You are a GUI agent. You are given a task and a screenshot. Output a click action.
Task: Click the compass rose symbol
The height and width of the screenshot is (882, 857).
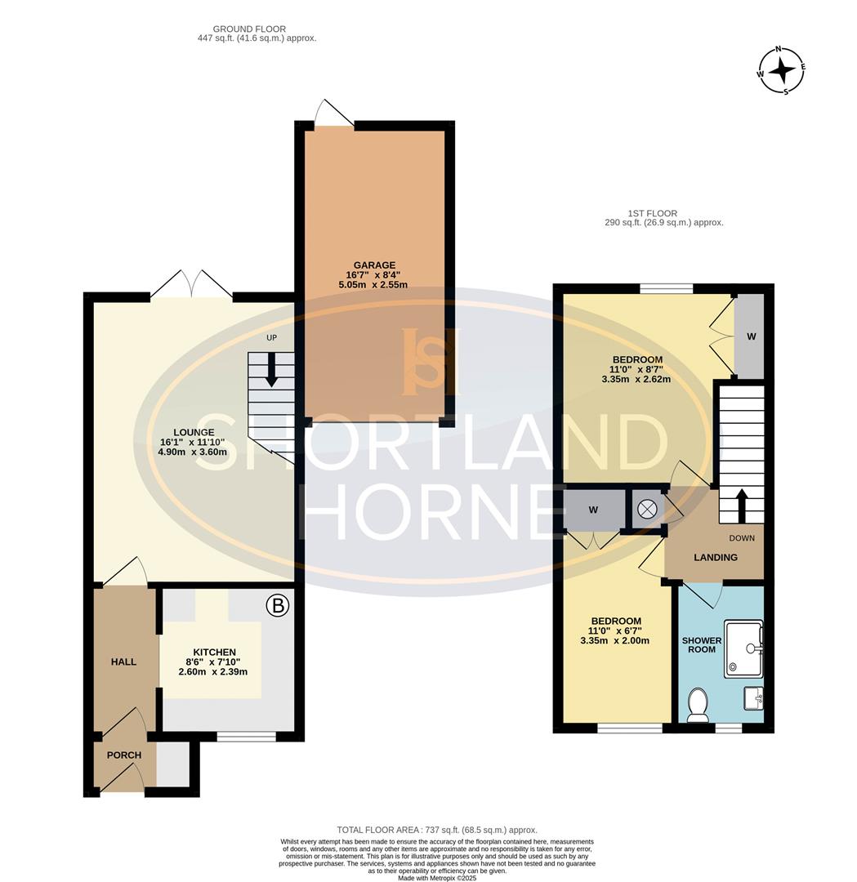point(781,70)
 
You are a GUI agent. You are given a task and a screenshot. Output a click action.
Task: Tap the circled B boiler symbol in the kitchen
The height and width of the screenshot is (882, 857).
point(278,606)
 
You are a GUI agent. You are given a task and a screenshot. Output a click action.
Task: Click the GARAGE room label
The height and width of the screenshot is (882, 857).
point(374,265)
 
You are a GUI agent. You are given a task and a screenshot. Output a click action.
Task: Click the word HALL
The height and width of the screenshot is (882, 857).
point(123,661)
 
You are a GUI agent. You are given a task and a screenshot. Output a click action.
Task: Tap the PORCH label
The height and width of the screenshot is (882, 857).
point(124,755)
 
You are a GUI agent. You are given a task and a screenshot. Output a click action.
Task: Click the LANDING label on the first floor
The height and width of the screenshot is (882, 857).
point(715,558)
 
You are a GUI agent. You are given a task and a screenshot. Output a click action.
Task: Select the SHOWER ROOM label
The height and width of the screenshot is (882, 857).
point(701,644)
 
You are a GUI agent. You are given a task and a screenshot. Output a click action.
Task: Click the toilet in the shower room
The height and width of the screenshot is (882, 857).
point(699,706)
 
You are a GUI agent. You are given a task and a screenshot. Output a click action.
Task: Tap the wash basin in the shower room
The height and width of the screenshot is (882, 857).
point(753,698)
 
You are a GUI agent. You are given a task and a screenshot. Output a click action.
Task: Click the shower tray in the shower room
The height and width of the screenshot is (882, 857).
point(743,648)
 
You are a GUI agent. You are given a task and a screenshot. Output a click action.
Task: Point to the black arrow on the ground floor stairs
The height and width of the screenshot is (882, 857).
point(271,369)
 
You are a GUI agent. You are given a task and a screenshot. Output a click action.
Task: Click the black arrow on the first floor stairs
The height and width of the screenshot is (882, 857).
point(741,506)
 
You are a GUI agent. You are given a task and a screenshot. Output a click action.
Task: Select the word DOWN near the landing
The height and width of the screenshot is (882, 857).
point(742,538)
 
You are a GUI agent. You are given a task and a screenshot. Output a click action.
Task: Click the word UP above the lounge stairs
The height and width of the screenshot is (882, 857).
point(272,337)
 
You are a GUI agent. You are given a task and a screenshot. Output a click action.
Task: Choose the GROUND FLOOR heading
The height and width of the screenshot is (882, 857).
point(249,29)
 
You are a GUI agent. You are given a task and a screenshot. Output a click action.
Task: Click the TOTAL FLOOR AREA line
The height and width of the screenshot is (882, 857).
point(437,830)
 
